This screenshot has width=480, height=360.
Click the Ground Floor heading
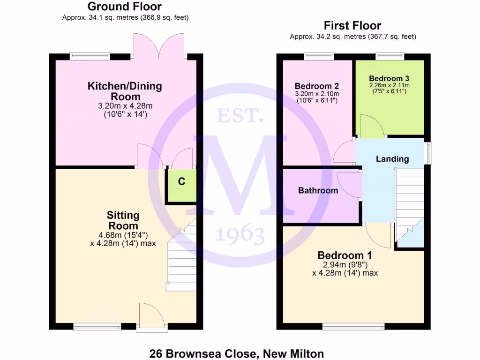coord(125,7)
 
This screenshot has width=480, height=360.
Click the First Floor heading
coord(352,26)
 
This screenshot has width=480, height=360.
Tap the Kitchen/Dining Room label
coord(125,91)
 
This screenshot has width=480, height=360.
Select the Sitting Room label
coord(123,220)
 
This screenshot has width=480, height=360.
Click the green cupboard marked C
coord(182,182)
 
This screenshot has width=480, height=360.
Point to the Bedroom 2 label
coord(316,86)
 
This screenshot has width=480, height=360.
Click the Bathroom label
coord(318,191)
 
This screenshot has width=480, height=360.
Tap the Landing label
coord(392,159)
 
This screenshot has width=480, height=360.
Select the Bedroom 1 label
coord(345,255)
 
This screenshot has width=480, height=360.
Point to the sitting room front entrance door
coord(151,317)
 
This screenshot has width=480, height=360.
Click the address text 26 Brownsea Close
coord(236,353)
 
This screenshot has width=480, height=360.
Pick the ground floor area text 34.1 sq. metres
coord(126,17)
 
